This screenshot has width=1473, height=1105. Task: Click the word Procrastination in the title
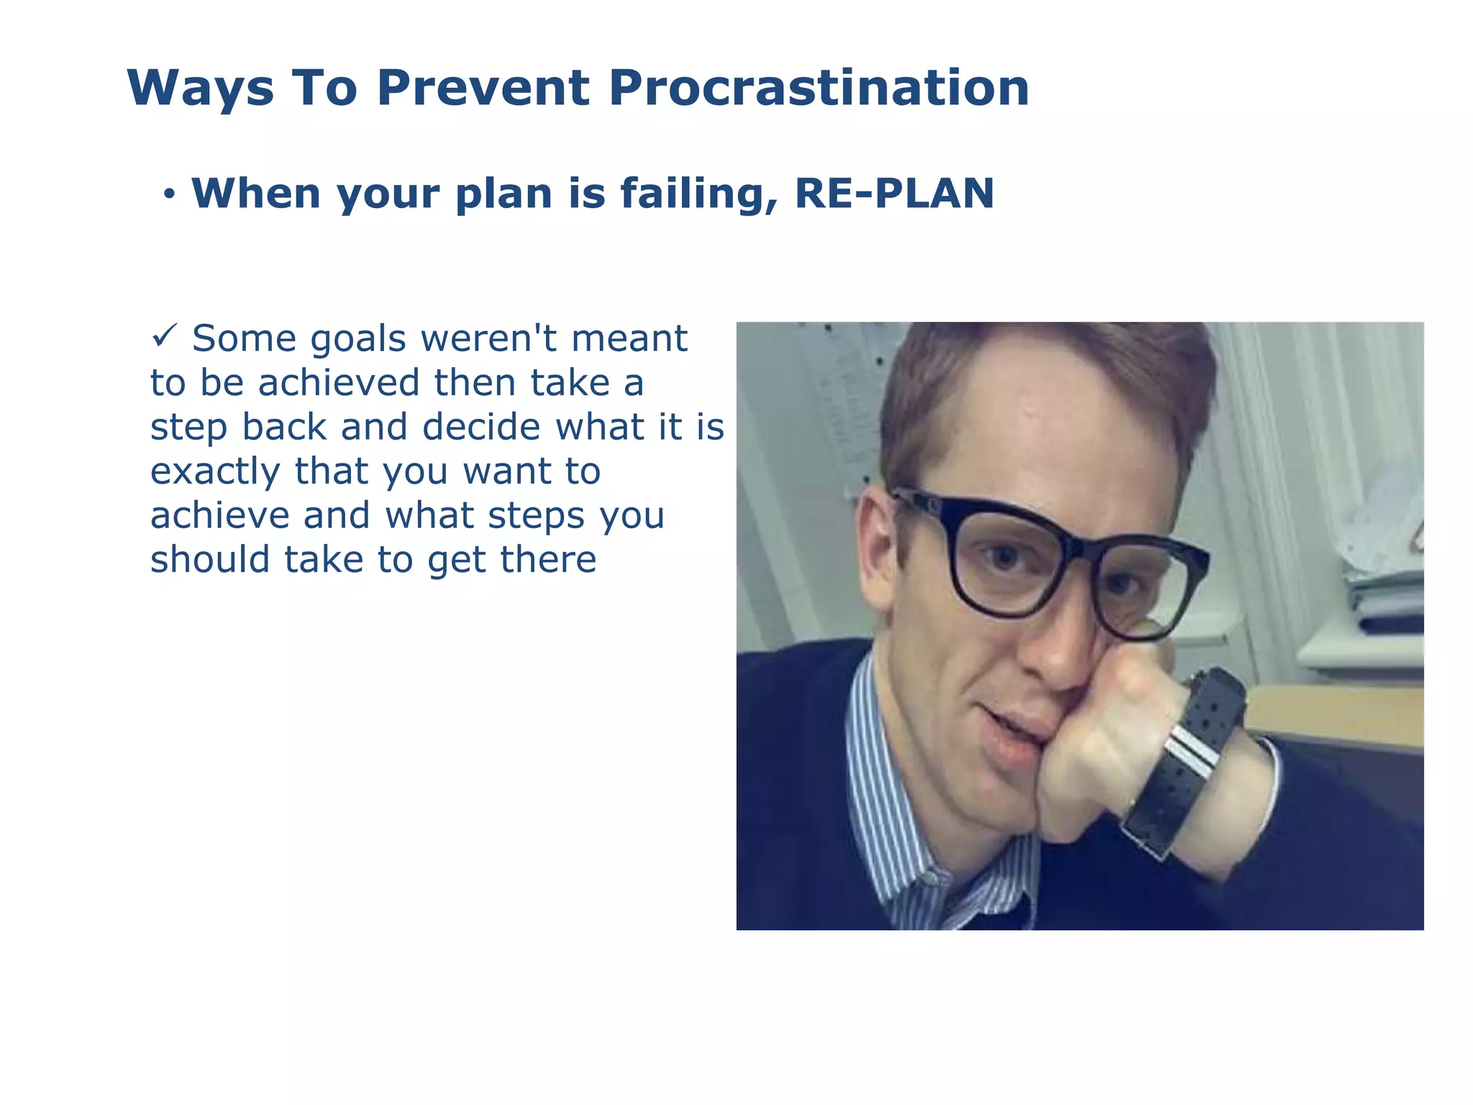pos(818,88)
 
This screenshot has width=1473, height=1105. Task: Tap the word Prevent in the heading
pos(483,88)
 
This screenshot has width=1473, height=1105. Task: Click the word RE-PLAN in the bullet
pos(894,194)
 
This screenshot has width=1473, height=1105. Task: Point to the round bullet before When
pos(169,194)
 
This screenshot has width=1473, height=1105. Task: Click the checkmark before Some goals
pos(164,335)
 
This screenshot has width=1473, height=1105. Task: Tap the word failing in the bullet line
pos(698,194)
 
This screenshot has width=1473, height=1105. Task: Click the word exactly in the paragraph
pos(214,472)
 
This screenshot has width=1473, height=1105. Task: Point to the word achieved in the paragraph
pos(338,383)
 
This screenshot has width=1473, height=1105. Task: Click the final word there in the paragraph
pos(548,560)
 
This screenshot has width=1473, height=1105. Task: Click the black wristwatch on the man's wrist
pos(1194,755)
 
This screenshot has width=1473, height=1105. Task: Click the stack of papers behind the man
pos(1385,590)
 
